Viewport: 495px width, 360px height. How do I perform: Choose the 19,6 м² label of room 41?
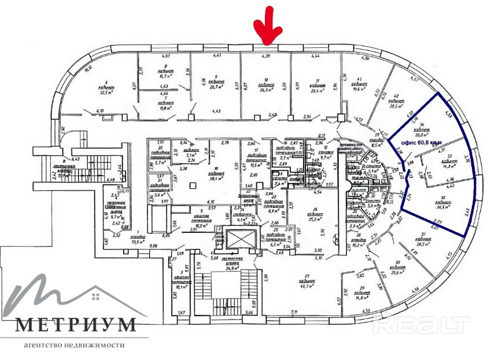tap(363, 90)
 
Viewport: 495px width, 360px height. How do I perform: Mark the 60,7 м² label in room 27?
tap(306, 285)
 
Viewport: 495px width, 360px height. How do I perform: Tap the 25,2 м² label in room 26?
tap(315, 220)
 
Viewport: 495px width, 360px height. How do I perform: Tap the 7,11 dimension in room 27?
tap(294, 313)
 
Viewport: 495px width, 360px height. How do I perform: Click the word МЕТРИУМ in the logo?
tap(76, 325)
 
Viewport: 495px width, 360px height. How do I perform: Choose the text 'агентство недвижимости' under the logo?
tap(75, 346)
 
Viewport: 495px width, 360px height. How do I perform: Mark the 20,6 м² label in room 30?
tap(397, 272)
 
